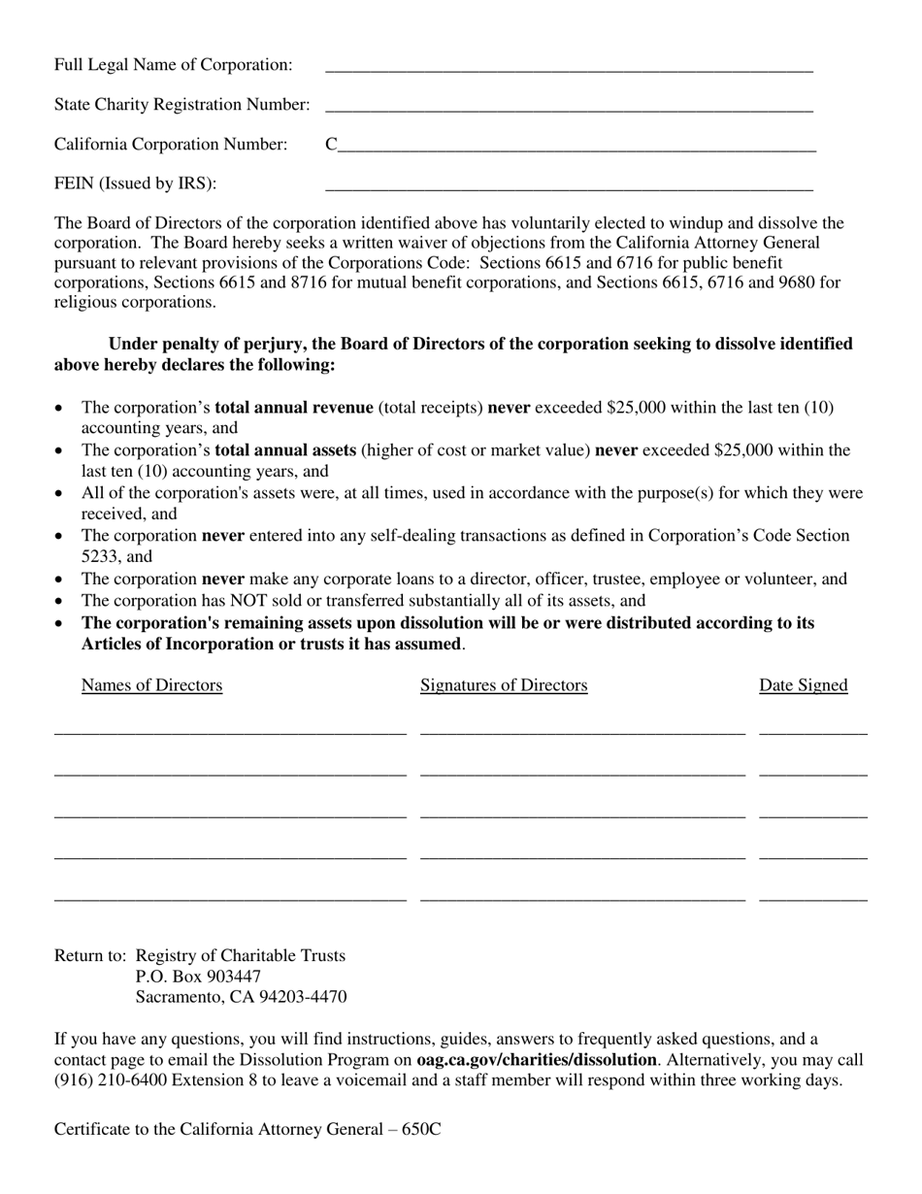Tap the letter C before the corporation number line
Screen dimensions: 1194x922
331,145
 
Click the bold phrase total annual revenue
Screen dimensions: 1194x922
293,408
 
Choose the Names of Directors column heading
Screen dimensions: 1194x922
151,685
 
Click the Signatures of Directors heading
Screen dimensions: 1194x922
504,685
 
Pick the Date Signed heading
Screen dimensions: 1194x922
803,685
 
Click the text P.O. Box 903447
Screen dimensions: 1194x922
198,977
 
